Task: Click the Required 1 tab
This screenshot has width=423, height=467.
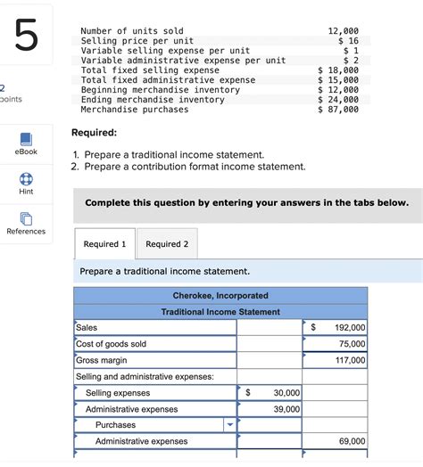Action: (104, 243)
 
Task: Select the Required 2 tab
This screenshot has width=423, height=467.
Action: (167, 243)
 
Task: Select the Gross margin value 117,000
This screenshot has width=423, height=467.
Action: (349, 360)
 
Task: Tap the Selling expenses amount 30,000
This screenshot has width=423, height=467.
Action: (286, 393)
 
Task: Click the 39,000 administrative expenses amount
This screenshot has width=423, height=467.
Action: (286, 409)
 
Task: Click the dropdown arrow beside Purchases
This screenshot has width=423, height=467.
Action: (229, 425)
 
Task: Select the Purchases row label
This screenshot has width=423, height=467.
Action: (115, 425)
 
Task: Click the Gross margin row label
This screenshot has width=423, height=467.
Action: (102, 360)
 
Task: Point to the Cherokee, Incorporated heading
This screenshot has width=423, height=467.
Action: (220, 295)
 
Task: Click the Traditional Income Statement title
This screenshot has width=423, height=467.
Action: (220, 312)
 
